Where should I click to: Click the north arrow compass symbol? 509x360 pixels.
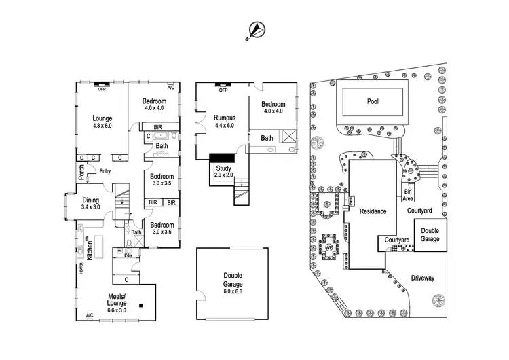[x=257, y=29]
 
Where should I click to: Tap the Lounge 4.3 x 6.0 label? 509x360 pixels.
[x=102, y=122]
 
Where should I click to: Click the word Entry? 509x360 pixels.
[x=105, y=171]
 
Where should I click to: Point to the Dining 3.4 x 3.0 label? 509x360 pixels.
[x=91, y=203]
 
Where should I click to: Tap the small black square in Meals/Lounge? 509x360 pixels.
[x=140, y=305]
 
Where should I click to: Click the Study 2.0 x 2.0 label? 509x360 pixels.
[x=223, y=171]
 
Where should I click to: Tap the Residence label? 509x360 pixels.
[x=373, y=211]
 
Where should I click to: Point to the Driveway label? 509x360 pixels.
[x=422, y=278]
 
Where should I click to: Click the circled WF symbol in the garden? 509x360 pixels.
[x=329, y=247]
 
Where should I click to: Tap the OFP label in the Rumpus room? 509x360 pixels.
[x=221, y=89]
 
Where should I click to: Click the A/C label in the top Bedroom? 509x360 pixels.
[x=170, y=88]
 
